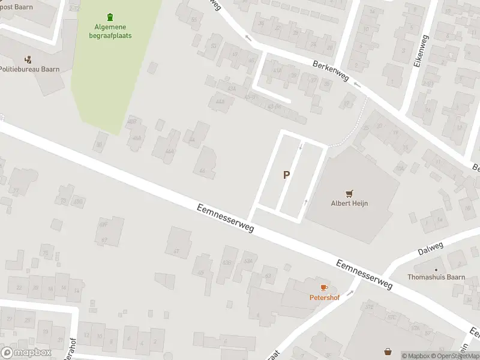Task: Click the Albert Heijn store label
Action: pos(349,203)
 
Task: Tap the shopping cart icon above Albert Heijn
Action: pos(349,193)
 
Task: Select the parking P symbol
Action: pos(287,175)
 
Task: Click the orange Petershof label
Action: pos(323,297)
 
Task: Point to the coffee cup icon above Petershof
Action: pos(323,287)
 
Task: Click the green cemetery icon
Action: pos(109,17)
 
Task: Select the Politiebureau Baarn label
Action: pos(29,69)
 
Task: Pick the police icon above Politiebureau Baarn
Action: pos(28,59)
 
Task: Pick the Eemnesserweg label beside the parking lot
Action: pos(225,219)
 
